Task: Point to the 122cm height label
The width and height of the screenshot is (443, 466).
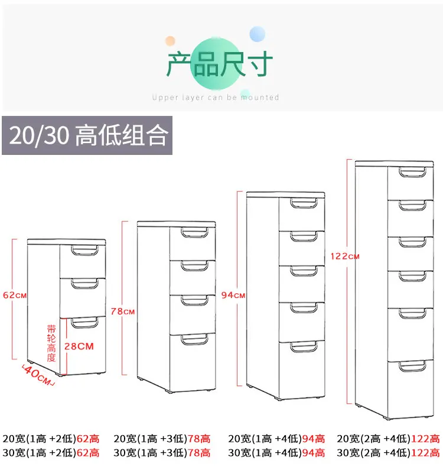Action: [x=345, y=256]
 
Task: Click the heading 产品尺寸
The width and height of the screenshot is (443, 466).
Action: [x=219, y=65]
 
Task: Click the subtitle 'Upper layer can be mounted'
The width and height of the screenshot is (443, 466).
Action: [x=215, y=98]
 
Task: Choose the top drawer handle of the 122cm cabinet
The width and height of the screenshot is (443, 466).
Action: [x=411, y=172]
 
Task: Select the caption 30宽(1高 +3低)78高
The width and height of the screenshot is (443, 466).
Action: [x=161, y=453]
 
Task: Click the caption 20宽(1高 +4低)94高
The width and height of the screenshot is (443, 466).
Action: [x=276, y=439]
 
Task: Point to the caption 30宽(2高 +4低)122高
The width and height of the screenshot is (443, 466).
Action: [x=388, y=453]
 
